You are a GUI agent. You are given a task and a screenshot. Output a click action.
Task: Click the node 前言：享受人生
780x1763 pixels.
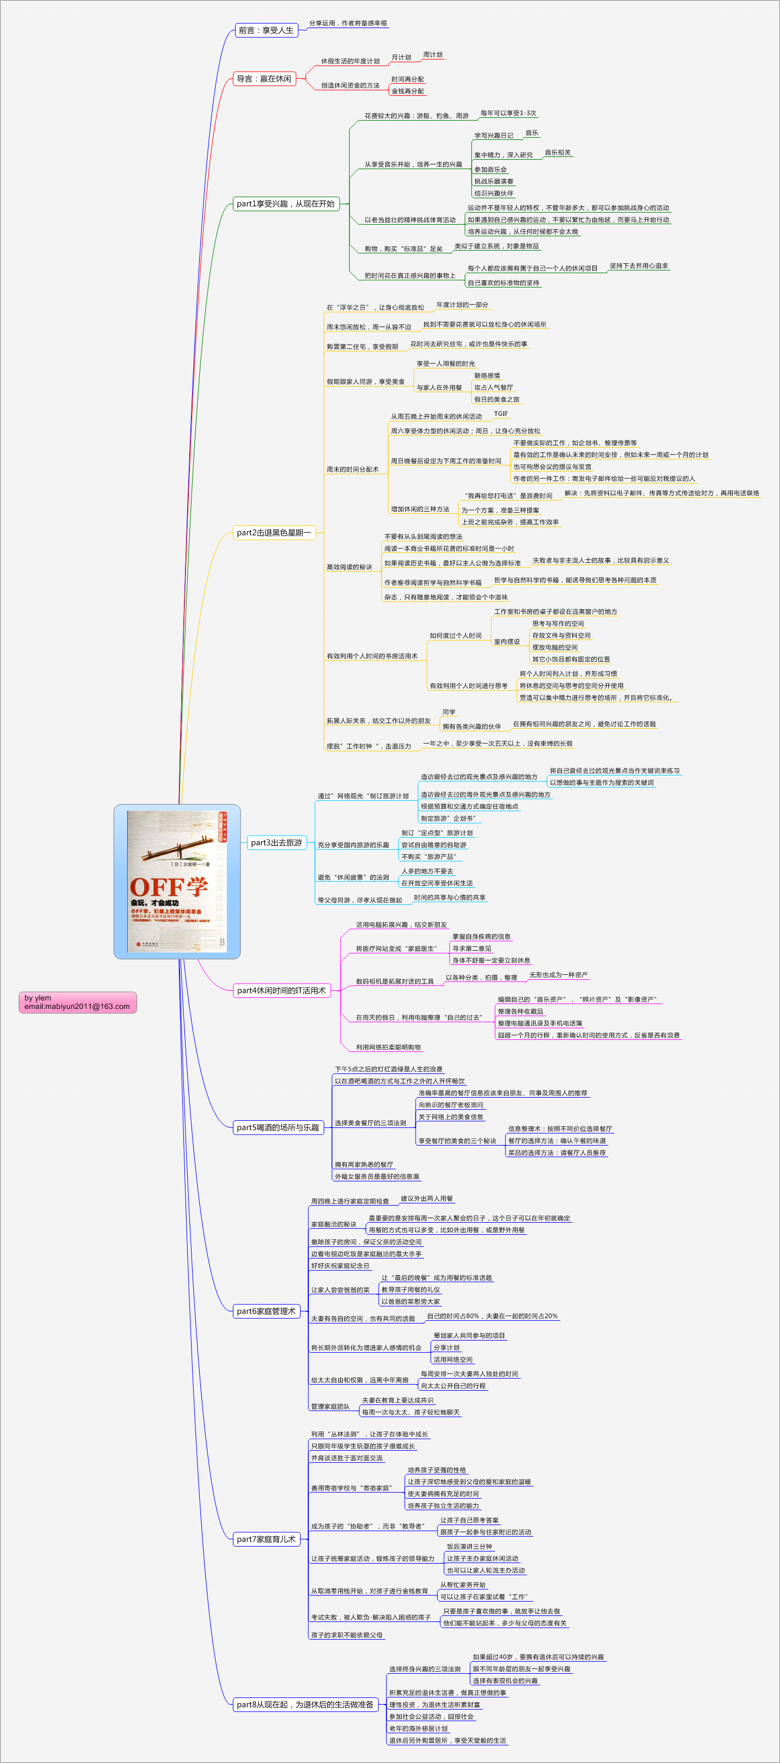[266, 30]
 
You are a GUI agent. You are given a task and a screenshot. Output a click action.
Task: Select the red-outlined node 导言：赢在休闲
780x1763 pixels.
[264, 79]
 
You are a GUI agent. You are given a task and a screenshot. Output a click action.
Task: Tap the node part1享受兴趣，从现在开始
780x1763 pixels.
[286, 204]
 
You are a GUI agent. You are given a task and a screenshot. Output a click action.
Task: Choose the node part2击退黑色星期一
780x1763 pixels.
[274, 533]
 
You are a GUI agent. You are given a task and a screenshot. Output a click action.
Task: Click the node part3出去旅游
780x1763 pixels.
[276, 843]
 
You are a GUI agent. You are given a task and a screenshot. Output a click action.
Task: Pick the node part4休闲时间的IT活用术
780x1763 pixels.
[281, 990]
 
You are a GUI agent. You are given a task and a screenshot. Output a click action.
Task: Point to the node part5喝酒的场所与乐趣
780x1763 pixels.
[278, 1127]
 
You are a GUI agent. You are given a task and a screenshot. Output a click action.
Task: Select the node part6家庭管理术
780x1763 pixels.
[266, 1311]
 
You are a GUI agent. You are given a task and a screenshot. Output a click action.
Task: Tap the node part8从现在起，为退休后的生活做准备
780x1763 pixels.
[305, 1704]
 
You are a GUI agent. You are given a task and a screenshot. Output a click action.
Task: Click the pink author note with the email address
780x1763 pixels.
[77, 1002]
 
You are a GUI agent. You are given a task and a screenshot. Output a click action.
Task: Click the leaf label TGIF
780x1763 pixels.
[501, 414]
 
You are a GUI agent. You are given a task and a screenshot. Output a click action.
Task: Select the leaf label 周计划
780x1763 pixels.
[433, 55]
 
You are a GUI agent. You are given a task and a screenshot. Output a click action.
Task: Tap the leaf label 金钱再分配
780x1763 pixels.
[408, 91]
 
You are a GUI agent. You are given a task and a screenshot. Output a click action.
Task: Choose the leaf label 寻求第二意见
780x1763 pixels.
[471, 948]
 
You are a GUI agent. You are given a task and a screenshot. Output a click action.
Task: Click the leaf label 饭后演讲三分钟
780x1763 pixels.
[470, 1547]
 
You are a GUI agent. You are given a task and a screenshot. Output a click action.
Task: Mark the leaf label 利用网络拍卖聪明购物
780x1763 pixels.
[389, 1047]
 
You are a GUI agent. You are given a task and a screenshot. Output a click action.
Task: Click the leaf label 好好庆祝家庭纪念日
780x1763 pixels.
[340, 1266]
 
